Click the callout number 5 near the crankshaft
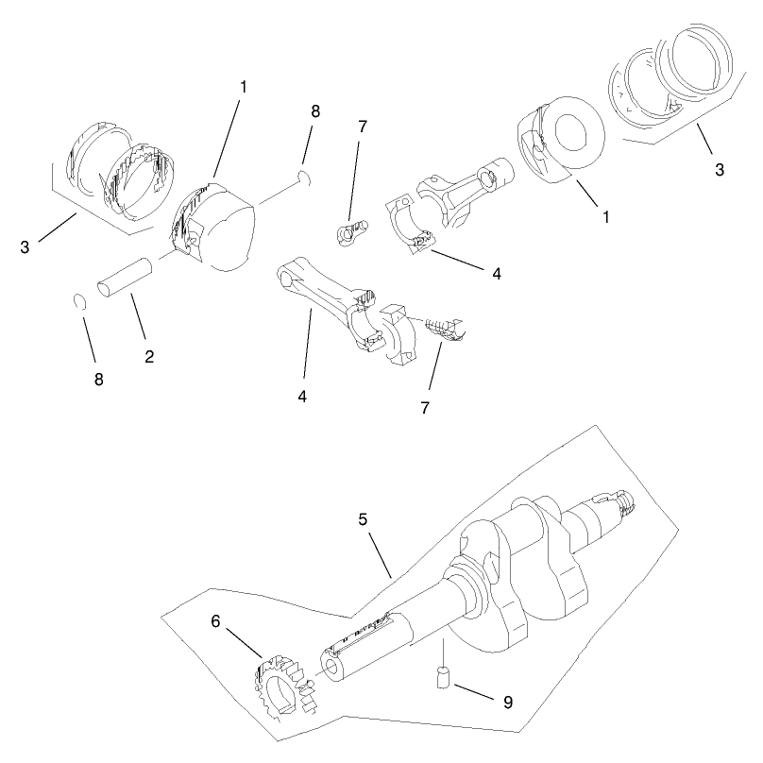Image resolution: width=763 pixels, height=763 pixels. click(363, 519)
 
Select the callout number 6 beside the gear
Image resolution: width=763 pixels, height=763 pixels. click(215, 621)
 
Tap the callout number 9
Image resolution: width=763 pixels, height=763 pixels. click(508, 703)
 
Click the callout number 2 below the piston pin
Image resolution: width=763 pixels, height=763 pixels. click(149, 356)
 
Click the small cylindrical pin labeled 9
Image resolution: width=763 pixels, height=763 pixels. click(443, 678)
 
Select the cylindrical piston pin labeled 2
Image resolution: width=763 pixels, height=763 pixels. click(125, 277)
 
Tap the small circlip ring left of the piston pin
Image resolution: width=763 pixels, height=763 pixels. click(80, 301)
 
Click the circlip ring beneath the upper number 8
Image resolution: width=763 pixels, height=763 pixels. click(305, 178)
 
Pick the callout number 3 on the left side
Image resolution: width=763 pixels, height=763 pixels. click(25, 247)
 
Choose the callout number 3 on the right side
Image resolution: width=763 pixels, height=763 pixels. click(720, 170)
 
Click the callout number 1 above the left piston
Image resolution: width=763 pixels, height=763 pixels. click(244, 87)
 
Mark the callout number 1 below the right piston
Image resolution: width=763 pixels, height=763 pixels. click(606, 217)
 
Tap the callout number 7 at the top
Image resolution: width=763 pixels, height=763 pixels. click(362, 127)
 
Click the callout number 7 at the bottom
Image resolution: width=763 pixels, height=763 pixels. click(425, 408)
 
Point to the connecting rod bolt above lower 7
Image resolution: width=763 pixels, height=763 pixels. click(446, 330)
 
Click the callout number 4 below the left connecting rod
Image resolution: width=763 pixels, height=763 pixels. click(302, 397)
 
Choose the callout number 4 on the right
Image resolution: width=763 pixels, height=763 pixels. click(497, 274)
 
